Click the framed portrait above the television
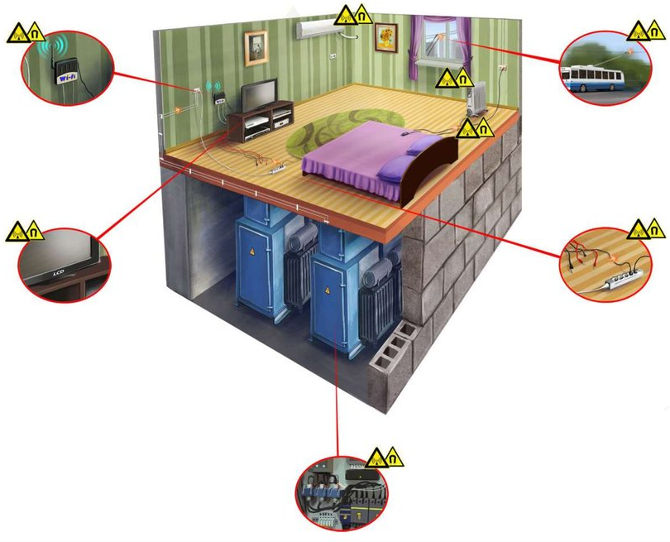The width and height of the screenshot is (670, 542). tap(256, 47)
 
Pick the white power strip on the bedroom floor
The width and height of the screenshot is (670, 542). tap(276, 168)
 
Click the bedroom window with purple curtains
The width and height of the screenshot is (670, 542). tap(440, 41)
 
